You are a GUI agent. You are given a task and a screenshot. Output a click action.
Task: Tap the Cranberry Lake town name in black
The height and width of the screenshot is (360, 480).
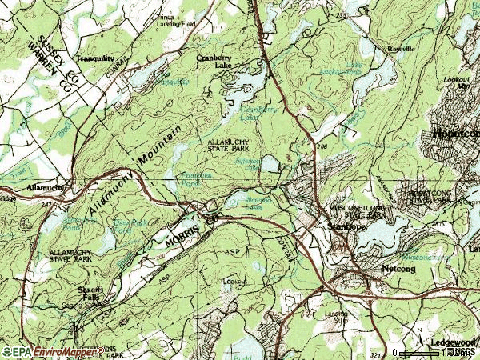[212, 62]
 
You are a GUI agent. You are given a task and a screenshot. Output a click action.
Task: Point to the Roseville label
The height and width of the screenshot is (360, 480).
[401, 49]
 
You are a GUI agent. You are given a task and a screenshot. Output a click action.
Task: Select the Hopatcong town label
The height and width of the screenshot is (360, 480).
[455, 134]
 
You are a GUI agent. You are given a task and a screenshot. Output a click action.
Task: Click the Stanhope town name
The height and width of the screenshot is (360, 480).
[346, 227]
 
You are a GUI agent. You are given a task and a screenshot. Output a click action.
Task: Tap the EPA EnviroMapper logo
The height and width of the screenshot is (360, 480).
[48, 352]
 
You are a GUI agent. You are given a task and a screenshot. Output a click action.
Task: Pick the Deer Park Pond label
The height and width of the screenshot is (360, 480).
[128, 229]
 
